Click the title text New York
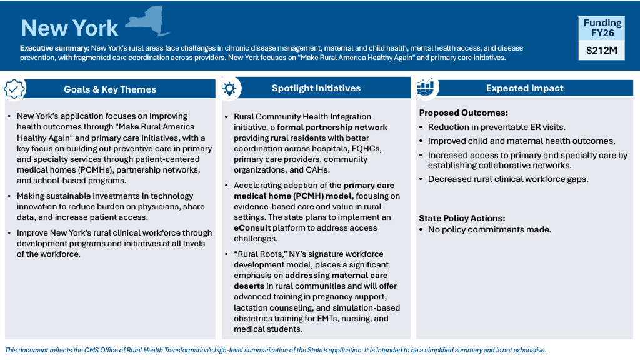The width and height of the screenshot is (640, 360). click(x=69, y=27)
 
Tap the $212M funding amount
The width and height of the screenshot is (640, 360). click(x=601, y=51)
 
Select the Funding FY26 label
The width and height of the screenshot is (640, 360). click(x=602, y=28)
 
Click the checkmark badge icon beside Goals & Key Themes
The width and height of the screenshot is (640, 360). click(x=15, y=89)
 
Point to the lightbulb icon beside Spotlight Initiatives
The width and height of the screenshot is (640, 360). click(x=229, y=88)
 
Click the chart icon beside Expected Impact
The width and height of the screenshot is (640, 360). click(x=426, y=88)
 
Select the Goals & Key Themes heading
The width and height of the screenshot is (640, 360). click(x=110, y=89)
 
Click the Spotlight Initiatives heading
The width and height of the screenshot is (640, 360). click(x=316, y=88)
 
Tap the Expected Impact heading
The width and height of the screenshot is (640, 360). click(x=524, y=88)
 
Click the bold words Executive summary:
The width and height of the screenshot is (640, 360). click(x=54, y=48)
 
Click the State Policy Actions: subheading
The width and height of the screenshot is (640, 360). click(x=462, y=218)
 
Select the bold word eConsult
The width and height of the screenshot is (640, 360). click(x=252, y=227)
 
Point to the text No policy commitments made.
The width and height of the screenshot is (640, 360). click(x=489, y=229)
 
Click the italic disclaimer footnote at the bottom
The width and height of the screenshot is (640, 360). click(x=275, y=350)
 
